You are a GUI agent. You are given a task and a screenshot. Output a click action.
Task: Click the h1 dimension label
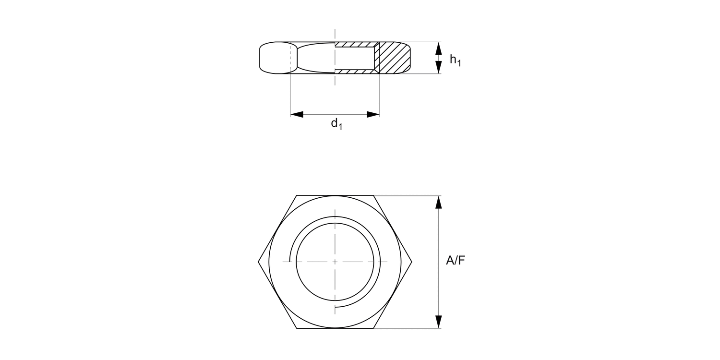pos(455,60)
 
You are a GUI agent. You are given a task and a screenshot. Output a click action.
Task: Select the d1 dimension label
pos(336,124)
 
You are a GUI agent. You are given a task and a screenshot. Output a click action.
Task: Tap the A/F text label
pos(456,261)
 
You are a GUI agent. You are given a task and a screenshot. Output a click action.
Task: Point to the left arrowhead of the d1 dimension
pos(297,115)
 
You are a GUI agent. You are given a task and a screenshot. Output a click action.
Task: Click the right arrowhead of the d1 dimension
pos(373,115)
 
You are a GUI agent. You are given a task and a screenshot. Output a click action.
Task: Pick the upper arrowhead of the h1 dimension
pos(438,48)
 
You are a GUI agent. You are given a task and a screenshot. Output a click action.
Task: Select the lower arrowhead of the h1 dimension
pos(438,67)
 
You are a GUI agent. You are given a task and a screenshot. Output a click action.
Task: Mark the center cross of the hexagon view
pos(335,262)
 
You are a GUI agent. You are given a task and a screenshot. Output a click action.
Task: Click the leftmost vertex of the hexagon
pos(259,262)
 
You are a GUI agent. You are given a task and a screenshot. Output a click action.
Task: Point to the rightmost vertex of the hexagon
pos(411,262)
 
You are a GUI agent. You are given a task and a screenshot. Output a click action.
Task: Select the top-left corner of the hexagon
pos(297,195)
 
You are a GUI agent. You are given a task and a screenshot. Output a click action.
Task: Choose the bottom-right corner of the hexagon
pos(373,328)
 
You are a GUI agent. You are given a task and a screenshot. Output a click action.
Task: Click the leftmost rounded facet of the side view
pos(275,58)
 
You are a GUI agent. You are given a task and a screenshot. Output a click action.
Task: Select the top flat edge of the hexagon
pos(335,195)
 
